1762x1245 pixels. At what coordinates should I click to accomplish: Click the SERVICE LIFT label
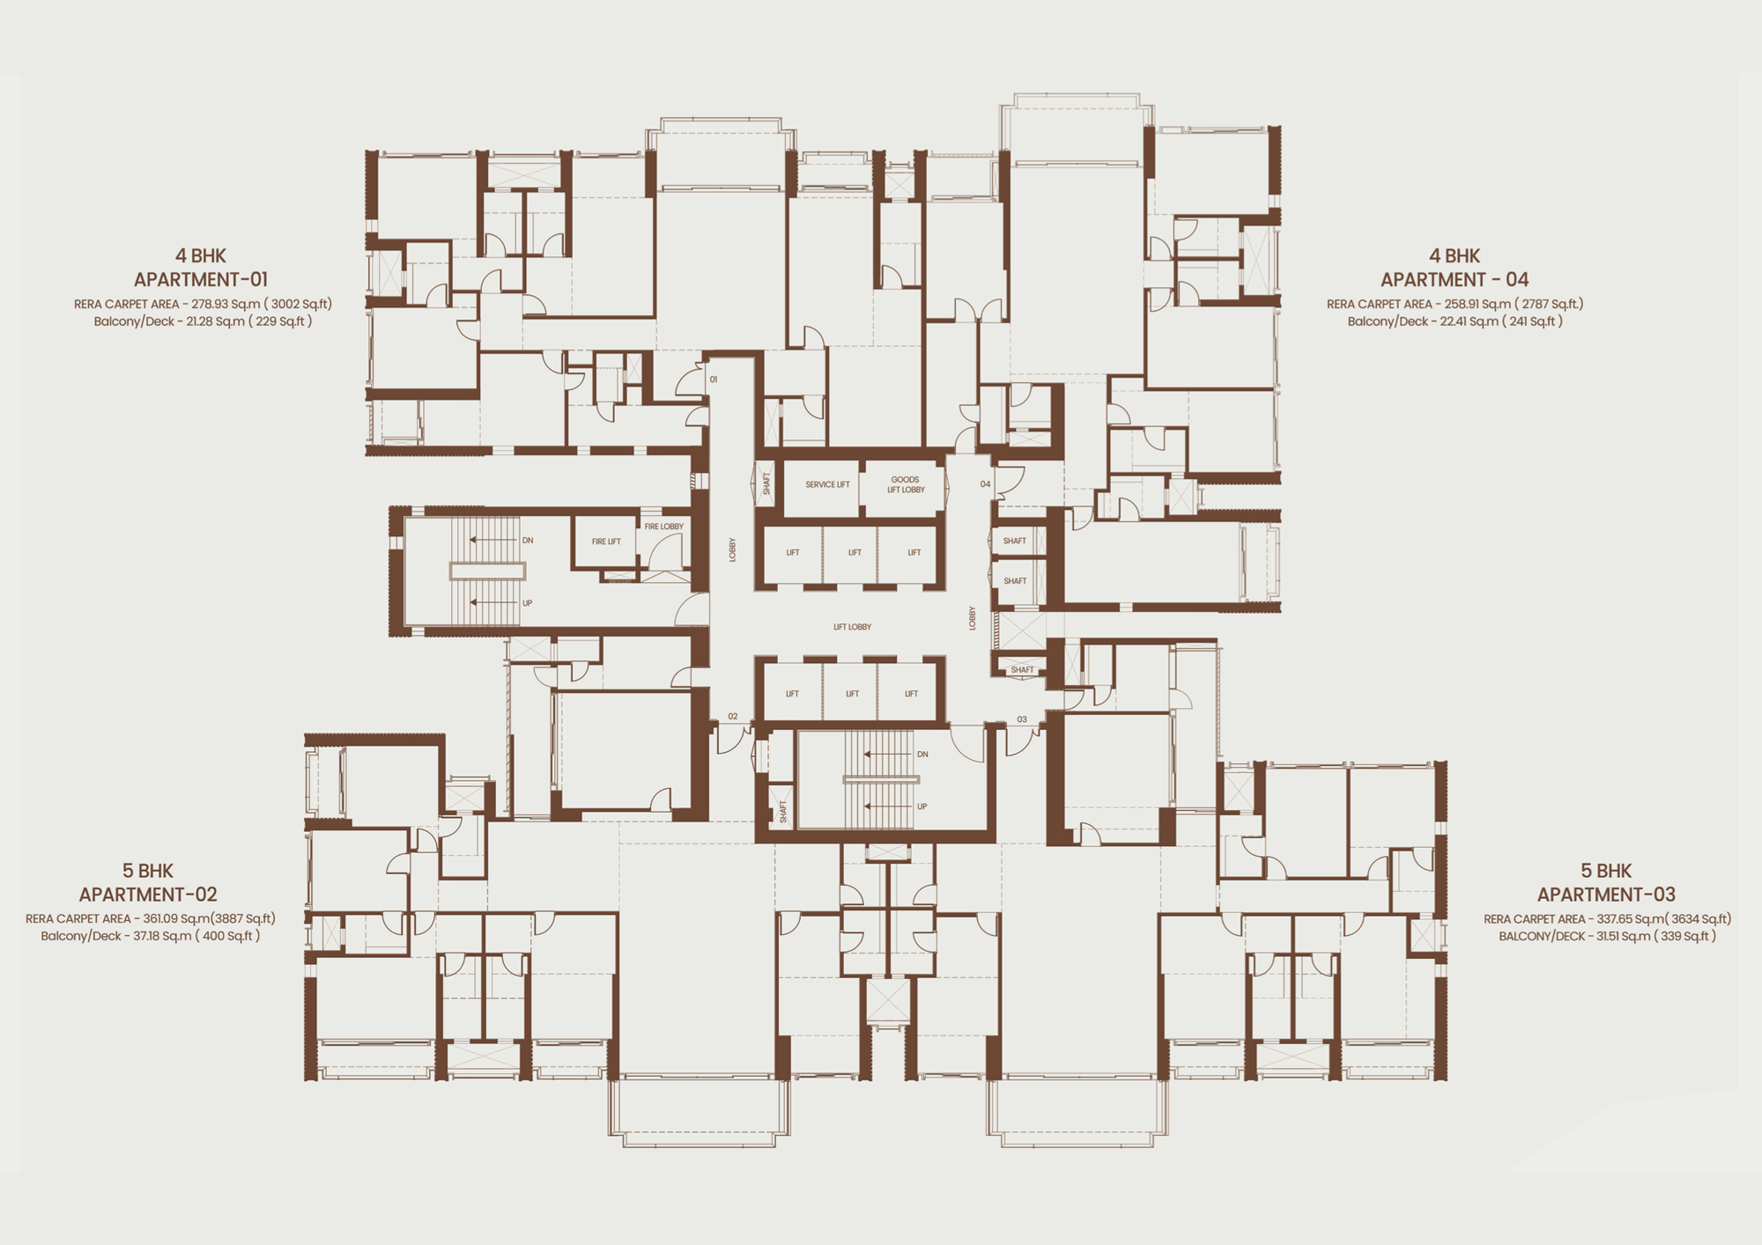pos(827,484)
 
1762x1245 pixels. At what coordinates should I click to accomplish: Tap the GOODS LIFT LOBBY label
pos(906,484)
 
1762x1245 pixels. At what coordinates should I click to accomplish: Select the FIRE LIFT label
pos(606,541)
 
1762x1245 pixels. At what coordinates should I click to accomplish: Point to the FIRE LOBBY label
pos(663,527)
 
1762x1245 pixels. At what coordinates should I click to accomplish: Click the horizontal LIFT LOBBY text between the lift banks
pos(852,627)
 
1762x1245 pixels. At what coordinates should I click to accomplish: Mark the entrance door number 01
pos(714,379)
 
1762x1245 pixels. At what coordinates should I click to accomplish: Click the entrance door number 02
pos(733,717)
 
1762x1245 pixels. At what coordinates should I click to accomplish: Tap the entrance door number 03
pos(1022,719)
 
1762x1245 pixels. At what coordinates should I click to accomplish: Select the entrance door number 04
pos(985,483)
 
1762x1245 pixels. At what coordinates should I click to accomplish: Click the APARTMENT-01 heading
pos(201,280)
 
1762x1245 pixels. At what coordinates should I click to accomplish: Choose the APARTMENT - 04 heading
pos(1455,280)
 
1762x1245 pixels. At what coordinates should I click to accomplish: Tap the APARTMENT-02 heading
pos(148,895)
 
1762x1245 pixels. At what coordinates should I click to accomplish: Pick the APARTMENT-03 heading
pos(1606,895)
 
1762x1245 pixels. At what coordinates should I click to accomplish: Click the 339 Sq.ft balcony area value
pos(1684,936)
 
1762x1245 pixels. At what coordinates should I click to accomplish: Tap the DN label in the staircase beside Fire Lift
pos(528,541)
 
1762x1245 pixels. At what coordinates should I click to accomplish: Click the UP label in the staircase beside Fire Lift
pos(528,603)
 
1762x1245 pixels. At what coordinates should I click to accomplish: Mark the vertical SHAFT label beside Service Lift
pos(766,483)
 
